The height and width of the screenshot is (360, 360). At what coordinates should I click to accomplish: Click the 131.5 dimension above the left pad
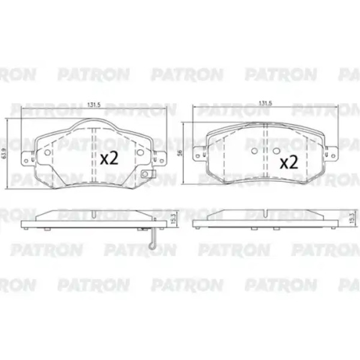[94, 104]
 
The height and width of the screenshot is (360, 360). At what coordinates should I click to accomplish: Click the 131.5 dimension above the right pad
[265, 103]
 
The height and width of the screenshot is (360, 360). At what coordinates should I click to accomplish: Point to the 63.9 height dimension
[4, 153]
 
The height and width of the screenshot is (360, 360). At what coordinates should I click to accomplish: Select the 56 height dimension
[180, 153]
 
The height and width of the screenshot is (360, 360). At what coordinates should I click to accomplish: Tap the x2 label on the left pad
[109, 158]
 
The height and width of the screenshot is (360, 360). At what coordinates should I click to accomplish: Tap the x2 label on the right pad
[289, 162]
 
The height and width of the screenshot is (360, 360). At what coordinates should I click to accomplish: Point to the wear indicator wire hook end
[152, 247]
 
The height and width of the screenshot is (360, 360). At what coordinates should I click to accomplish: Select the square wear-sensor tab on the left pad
[145, 174]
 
